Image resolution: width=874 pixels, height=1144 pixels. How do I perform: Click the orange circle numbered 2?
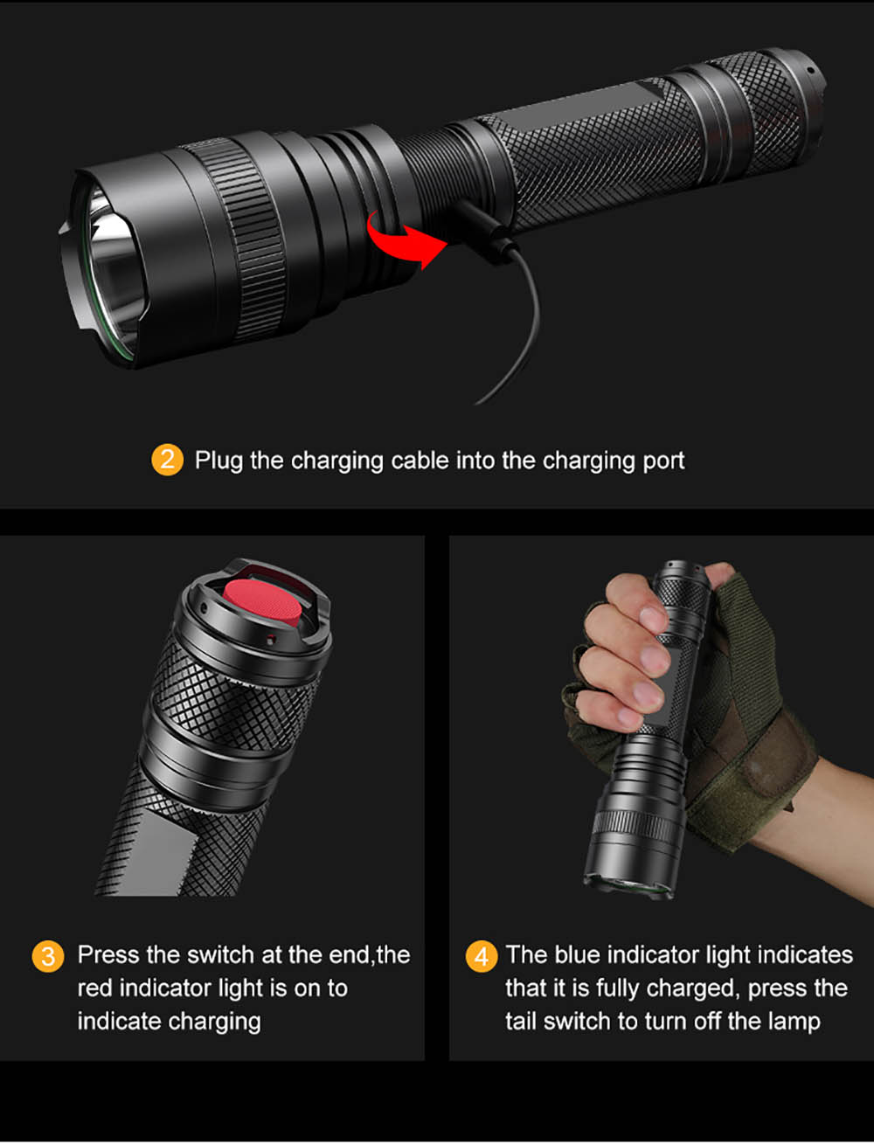(167, 460)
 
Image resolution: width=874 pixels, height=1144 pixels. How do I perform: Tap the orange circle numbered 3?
(48, 956)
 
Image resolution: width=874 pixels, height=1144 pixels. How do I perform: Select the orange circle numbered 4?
(481, 956)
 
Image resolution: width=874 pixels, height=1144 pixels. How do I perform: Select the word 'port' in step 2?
(663, 461)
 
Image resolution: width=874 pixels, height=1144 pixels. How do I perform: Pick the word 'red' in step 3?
(94, 988)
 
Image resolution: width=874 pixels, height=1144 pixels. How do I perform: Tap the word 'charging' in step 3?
(214, 1022)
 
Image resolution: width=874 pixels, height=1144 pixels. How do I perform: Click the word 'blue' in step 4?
(577, 954)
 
